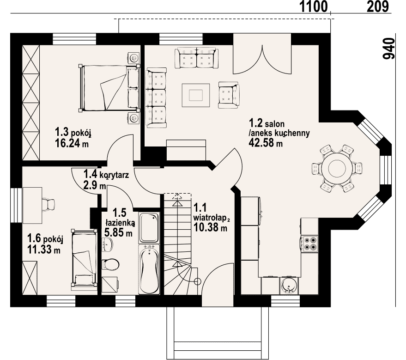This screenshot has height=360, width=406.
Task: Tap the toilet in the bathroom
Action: tap(110, 264)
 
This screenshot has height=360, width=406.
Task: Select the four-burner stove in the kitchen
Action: tap(310, 244)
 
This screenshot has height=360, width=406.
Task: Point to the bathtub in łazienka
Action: tap(149, 269)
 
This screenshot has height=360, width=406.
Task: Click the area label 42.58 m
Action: tap(266, 143)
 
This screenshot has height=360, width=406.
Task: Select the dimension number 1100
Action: tap(314, 6)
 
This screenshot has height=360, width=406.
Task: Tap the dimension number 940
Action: tap(389, 49)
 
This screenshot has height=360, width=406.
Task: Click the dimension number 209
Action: tap(378, 6)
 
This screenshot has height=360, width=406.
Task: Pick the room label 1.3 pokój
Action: tap(73, 132)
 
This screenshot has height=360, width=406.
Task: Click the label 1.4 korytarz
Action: tap(106, 174)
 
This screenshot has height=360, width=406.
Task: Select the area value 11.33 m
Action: tap(44, 250)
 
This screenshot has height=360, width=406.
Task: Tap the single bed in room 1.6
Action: tap(84, 258)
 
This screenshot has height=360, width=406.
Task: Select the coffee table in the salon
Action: tap(196, 95)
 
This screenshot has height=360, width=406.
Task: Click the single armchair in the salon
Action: tap(228, 95)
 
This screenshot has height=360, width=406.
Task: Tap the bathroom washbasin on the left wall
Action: tap(107, 244)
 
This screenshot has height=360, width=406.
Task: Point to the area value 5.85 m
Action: tap(118, 233)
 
